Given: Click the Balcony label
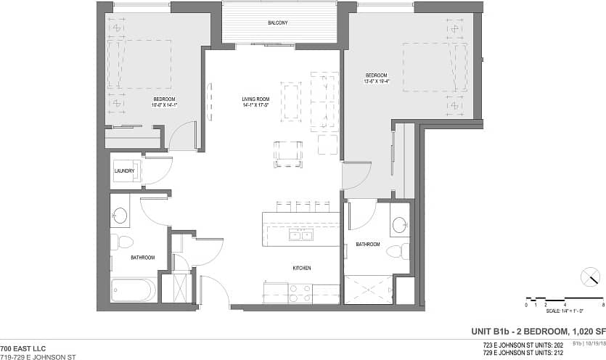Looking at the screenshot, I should pos(277,23).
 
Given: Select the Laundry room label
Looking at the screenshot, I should pos(125,171).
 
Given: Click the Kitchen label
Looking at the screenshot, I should pos(302,269).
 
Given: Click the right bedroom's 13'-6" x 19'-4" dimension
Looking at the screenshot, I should pos(376,81).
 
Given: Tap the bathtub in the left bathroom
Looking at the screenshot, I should pos(134,290).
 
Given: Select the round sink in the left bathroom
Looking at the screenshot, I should pos(120,215).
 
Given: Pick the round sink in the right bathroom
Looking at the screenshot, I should pos(399,225).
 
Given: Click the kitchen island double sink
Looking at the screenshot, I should pos(300,234).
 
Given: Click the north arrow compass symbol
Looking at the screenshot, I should pos(591,277).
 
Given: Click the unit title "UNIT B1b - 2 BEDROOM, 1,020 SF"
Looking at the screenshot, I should pos(538,331).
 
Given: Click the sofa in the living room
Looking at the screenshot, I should pos(324,101).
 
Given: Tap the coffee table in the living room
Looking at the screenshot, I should pos(291,101).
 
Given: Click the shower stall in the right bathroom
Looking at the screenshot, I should pos(368,290).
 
